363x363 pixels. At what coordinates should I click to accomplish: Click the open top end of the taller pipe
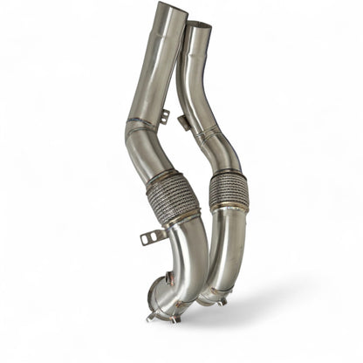tap(170, 8)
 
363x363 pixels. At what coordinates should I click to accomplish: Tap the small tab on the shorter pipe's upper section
tap(187, 121)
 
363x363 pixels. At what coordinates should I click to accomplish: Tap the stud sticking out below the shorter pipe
tap(223, 300)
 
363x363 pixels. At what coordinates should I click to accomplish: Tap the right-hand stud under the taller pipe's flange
tap(175, 319)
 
